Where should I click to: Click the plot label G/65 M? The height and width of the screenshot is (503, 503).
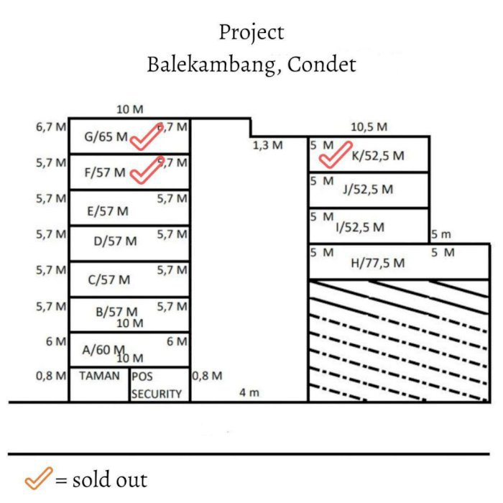(x=106, y=137)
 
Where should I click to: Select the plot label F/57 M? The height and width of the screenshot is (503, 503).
(x=105, y=173)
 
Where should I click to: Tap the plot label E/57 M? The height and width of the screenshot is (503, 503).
(x=108, y=211)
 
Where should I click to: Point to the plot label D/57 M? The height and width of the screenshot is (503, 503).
(x=115, y=241)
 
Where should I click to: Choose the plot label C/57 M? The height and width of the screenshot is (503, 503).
(x=109, y=280)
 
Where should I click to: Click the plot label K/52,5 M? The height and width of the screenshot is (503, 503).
(x=378, y=155)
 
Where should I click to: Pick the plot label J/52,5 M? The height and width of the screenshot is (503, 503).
(x=368, y=190)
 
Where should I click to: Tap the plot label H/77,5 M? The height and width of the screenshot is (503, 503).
(x=377, y=263)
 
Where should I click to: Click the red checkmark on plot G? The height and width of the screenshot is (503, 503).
(x=147, y=137)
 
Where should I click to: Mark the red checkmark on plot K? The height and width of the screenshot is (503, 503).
(x=333, y=155)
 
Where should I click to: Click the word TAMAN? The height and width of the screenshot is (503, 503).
(x=99, y=376)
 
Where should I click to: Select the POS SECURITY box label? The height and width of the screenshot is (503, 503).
(x=157, y=385)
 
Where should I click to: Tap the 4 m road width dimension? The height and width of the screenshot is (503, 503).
(x=249, y=392)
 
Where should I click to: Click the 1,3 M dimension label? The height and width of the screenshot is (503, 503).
(x=267, y=145)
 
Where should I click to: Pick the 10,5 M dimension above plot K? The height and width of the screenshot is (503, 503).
(x=369, y=127)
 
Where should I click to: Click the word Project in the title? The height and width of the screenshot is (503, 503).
(x=251, y=32)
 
